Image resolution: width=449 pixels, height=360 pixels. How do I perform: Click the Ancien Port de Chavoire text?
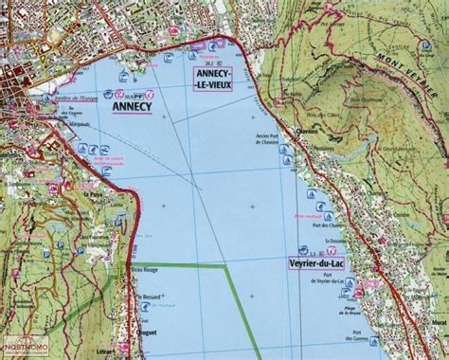(271, 142)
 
